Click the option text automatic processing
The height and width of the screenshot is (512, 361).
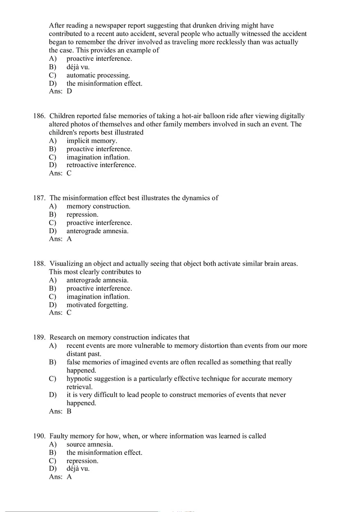(98, 75)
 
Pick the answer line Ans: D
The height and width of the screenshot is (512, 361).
(60, 91)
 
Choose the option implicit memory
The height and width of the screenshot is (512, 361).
(92, 141)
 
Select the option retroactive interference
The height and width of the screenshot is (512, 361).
(101, 165)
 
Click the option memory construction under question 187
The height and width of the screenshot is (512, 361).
(98, 206)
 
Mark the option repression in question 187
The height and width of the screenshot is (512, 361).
(82, 214)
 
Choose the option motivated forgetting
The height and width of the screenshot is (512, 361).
(97, 305)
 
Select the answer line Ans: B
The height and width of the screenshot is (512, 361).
(60, 411)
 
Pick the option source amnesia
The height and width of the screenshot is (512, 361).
(90, 444)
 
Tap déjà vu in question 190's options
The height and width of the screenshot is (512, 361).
(78, 468)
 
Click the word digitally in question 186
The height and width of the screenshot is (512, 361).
(292, 116)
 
